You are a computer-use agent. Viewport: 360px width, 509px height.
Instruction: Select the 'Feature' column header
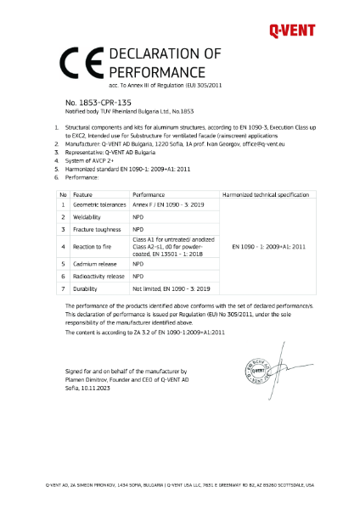(82, 194)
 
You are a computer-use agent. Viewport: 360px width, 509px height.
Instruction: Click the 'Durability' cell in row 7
(83, 288)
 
